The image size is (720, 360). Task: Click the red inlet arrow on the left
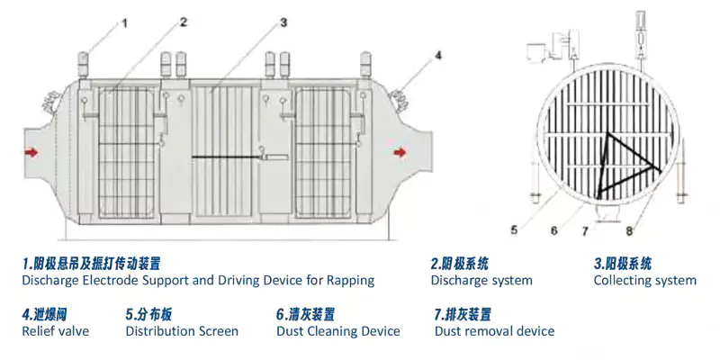32,153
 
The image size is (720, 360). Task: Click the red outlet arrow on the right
399,153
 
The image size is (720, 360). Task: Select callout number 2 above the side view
183,22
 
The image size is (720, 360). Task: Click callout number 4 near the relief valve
438,56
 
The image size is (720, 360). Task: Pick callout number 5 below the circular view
514,230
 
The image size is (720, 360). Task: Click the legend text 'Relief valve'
55,331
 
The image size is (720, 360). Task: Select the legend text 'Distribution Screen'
182,331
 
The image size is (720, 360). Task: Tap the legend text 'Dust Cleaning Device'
337,331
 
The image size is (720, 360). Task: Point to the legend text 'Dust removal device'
494,331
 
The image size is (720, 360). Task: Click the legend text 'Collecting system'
644,280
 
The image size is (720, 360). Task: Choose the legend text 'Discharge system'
481,280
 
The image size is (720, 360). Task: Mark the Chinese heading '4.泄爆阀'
43,314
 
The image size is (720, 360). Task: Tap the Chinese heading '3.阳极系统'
622,264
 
